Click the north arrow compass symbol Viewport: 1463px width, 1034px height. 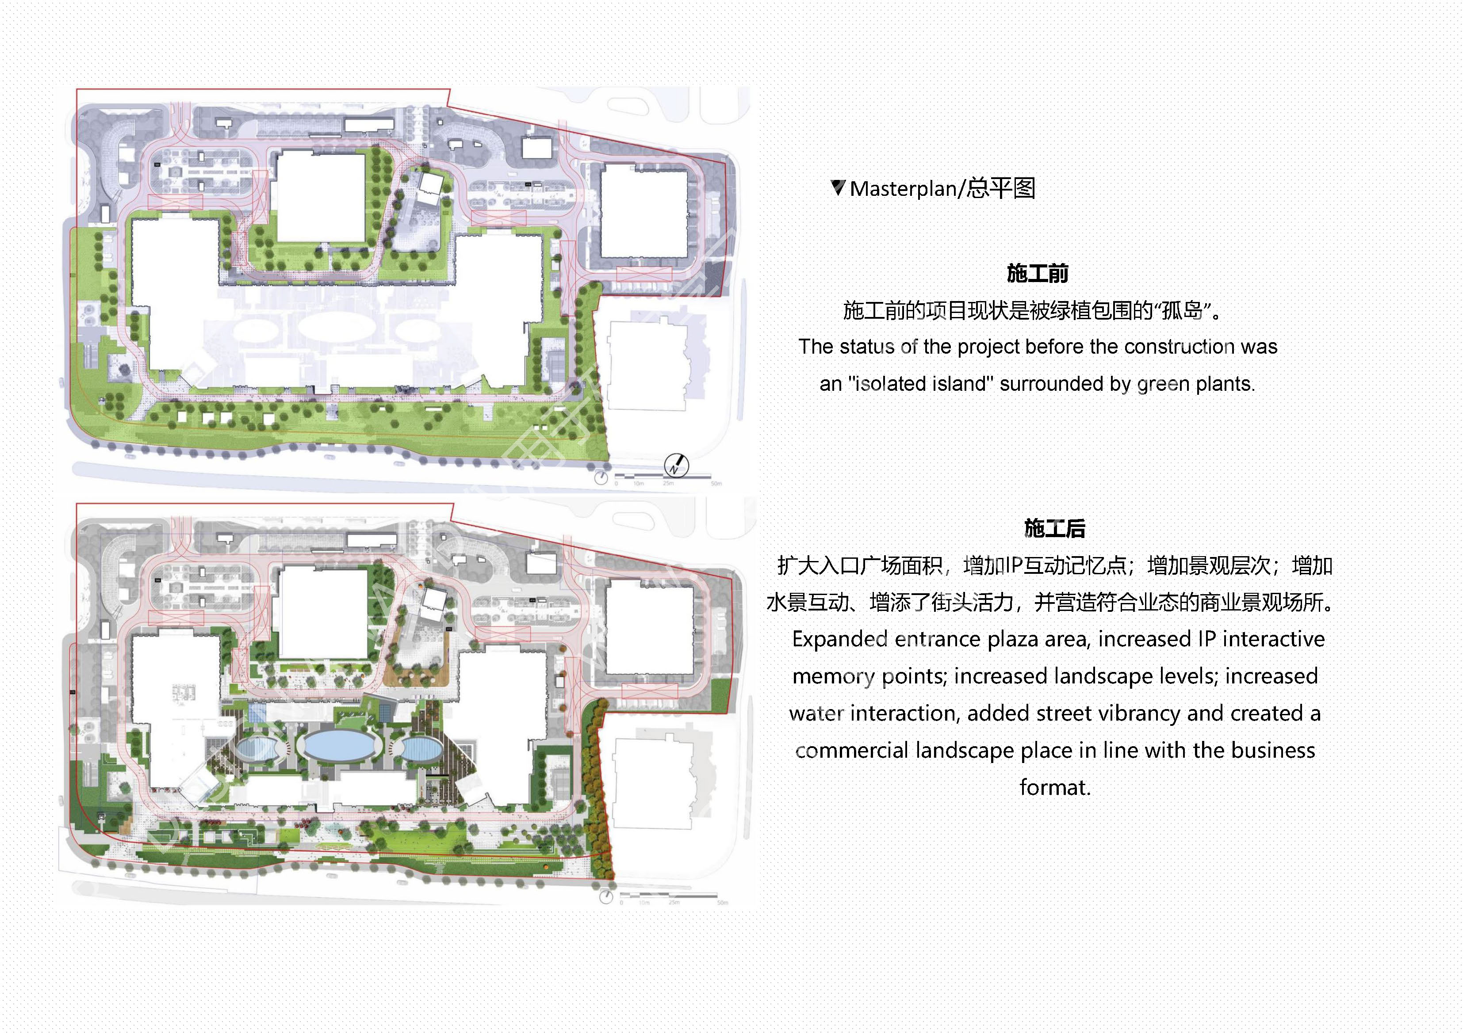pyautogui.click(x=676, y=465)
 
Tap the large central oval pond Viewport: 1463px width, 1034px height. pyautogui.click(x=338, y=745)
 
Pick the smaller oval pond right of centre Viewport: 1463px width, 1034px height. pyautogui.click(x=422, y=748)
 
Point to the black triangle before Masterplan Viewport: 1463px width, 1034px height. pyautogui.click(x=838, y=187)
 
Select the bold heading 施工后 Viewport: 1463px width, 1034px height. pyautogui.click(x=1054, y=528)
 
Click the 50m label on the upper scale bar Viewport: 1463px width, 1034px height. pyautogui.click(x=716, y=484)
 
